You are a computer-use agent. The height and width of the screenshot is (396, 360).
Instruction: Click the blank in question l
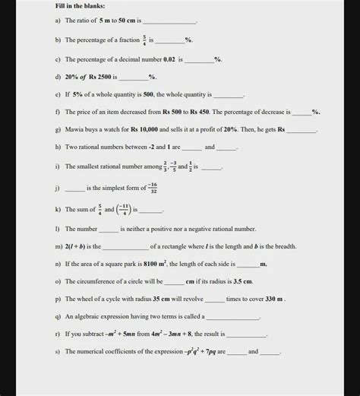coord(109,229)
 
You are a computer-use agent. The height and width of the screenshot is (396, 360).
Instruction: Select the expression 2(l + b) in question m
coord(80,246)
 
